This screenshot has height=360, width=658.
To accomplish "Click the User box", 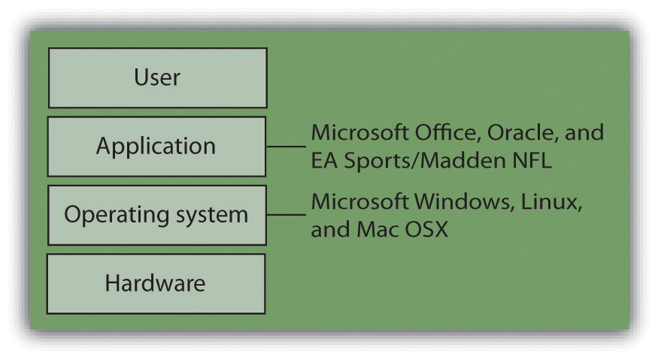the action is (x=158, y=77).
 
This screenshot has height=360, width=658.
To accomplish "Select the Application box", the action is (x=156, y=147).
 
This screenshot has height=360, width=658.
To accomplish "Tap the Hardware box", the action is (x=156, y=283).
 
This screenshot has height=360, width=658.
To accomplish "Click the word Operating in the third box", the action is (x=117, y=215).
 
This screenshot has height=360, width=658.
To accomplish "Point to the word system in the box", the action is (x=212, y=215).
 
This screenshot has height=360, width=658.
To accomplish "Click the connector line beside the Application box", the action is (x=287, y=147).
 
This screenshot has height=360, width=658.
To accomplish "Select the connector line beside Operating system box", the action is (x=287, y=215).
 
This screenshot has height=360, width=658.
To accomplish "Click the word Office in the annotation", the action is (x=447, y=132).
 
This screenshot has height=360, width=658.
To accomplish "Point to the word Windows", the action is (x=465, y=201).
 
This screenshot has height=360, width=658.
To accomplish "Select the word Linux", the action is (x=551, y=201).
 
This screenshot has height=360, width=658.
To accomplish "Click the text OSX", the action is (x=426, y=229).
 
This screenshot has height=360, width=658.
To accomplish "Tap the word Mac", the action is (x=377, y=229).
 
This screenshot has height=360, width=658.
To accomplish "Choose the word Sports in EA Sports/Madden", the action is (x=379, y=161).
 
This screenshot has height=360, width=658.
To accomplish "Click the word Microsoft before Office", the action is (x=359, y=132).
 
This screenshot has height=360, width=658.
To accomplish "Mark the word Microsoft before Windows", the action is (x=359, y=201).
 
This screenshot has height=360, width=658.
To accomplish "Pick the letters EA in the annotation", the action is (x=324, y=160).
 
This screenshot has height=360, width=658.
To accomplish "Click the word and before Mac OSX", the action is (x=330, y=229).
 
